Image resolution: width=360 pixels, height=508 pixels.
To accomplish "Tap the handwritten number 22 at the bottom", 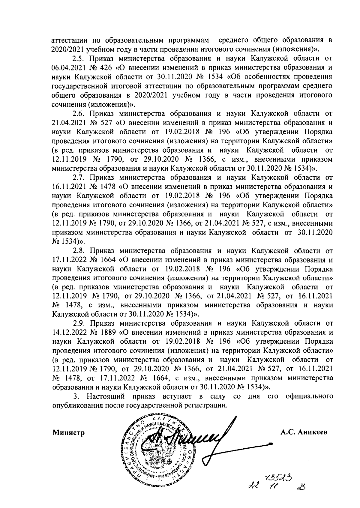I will [251, 486].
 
